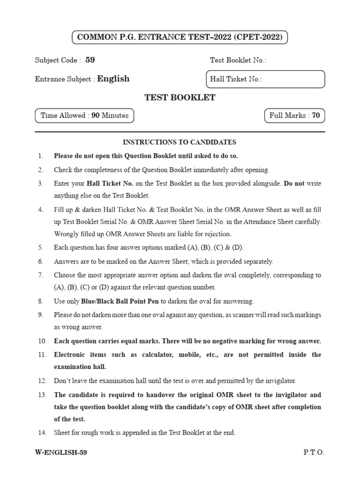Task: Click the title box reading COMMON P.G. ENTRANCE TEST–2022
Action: pyautogui.click(x=180, y=37)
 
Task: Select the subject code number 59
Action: pyautogui.click(x=90, y=60)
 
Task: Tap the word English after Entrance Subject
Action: pyautogui.click(x=113, y=79)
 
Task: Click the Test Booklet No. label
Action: pyautogui.click(x=238, y=60)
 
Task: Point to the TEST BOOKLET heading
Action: pyautogui.click(x=180, y=97)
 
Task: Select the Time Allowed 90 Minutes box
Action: pyautogui.click(x=84, y=115)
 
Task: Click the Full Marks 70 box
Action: pyautogui.click(x=294, y=115)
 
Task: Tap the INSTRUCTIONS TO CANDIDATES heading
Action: pyautogui.click(x=180, y=142)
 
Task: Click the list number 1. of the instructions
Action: pyautogui.click(x=41, y=156)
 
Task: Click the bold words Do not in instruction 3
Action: pyautogui.click(x=294, y=183)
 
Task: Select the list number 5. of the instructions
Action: pyautogui.click(x=41, y=247)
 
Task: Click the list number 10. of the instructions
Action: pyautogui.click(x=42, y=341)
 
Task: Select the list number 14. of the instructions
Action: pyautogui.click(x=42, y=433)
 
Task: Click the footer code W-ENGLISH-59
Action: pyautogui.click(x=61, y=453)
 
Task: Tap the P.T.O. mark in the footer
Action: pyautogui.click(x=314, y=453)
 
